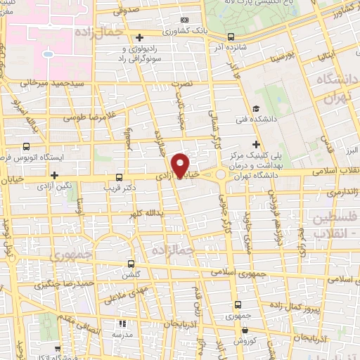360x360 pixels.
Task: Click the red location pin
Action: (182, 165)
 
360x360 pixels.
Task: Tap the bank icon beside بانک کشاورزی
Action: (184, 20)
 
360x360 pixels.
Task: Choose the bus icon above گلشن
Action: (130, 263)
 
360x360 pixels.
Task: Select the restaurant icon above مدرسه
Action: (122, 324)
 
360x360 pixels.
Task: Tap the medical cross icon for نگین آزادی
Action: (54, 174)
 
